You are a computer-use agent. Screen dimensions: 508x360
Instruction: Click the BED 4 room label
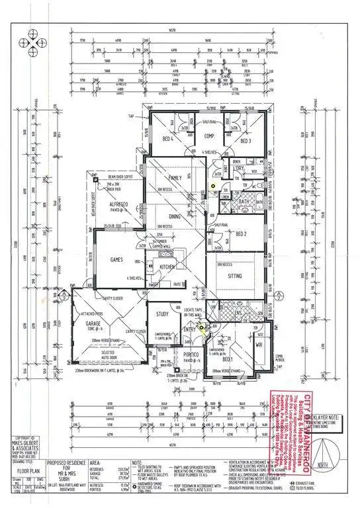[168, 138]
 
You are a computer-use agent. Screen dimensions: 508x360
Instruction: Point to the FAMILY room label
[175, 179]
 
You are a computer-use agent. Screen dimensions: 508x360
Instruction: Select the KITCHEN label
[167, 267]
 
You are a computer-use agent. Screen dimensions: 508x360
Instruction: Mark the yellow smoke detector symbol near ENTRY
[202, 325]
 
